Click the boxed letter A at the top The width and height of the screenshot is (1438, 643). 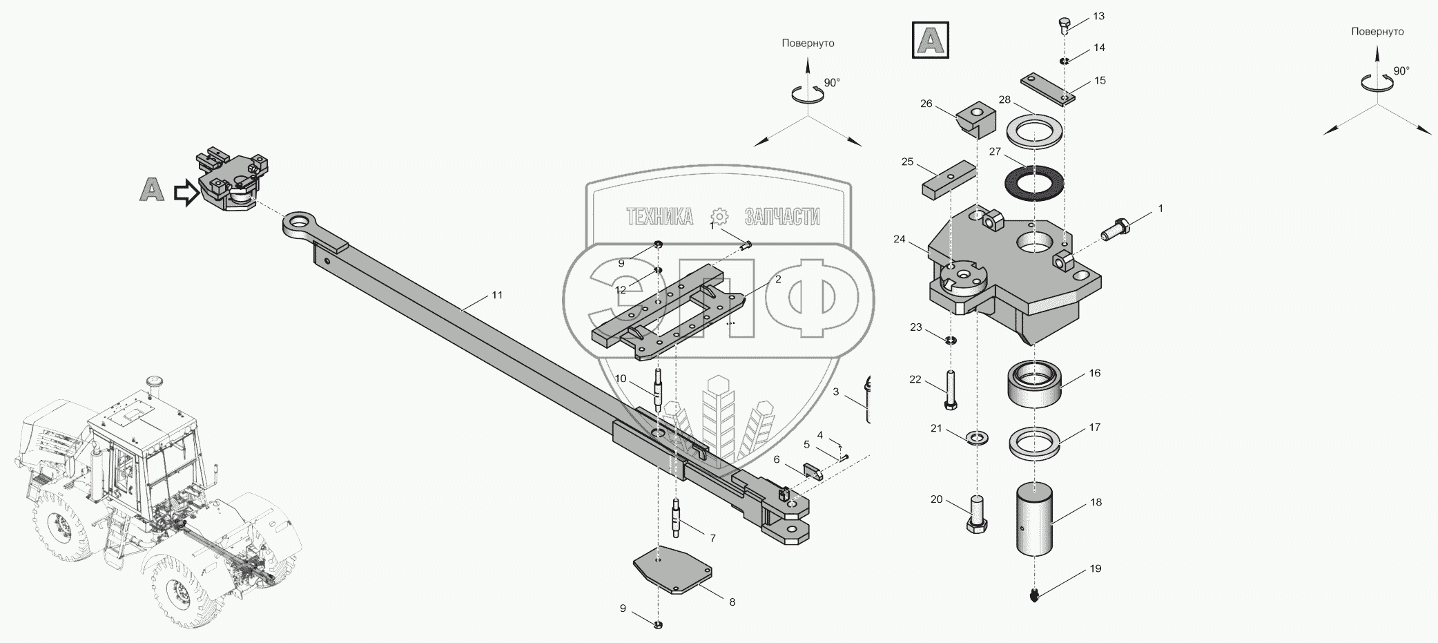point(930,40)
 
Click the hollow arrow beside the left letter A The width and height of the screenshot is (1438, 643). point(186,193)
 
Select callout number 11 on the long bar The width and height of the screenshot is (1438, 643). point(497,295)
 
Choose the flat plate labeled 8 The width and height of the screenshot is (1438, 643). point(673,569)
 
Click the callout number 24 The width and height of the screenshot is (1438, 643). point(899,240)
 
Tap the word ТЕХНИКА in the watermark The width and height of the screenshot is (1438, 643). point(659,217)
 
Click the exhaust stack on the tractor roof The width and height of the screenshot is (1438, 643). point(153,385)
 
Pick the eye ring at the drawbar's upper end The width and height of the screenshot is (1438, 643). point(299,224)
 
